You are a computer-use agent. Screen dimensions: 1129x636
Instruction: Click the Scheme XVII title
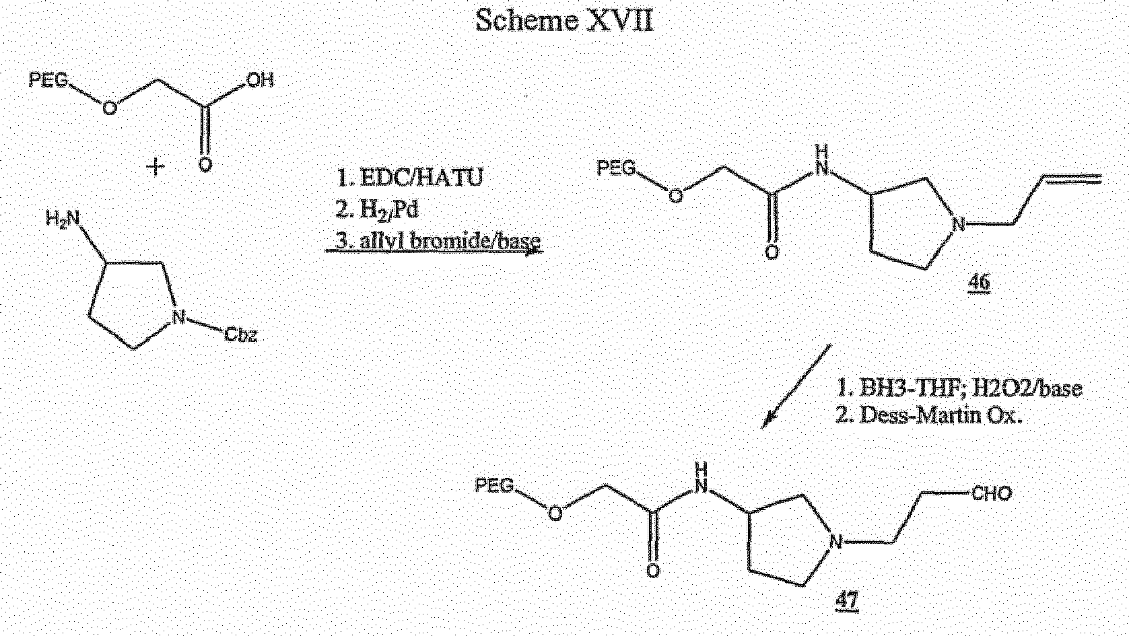[564, 21]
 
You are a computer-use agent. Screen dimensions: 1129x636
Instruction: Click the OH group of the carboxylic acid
[260, 80]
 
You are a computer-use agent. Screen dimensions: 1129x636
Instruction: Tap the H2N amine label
[63, 219]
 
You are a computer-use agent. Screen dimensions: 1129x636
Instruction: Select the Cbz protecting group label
[241, 335]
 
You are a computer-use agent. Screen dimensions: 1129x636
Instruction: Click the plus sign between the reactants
[156, 166]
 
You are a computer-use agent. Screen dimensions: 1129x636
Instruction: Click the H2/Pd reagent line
[378, 210]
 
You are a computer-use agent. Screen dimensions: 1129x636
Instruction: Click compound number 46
[979, 282]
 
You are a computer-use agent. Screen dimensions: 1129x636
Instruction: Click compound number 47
[847, 600]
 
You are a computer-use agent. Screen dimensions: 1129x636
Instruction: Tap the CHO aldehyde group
[992, 493]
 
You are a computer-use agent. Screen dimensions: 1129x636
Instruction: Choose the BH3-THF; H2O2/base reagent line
[959, 388]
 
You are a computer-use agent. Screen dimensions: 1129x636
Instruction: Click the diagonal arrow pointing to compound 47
[796, 386]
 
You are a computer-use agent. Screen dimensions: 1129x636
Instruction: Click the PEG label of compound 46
[617, 168]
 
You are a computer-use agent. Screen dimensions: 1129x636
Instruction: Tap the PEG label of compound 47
[495, 486]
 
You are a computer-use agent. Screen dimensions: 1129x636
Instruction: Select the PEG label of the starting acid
[48, 80]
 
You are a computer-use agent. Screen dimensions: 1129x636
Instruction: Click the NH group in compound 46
[822, 160]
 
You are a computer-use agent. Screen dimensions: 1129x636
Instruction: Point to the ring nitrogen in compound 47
[835, 542]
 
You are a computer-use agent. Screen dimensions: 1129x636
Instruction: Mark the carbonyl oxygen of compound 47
[653, 571]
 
